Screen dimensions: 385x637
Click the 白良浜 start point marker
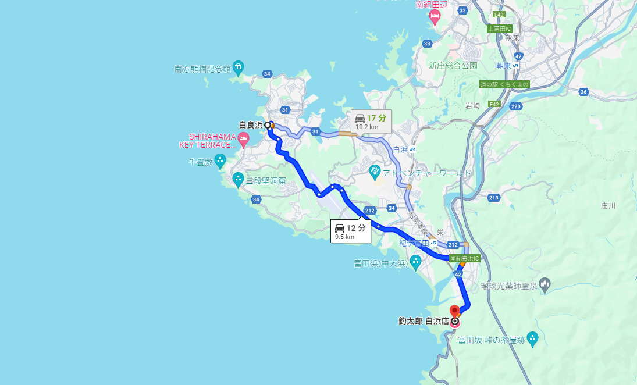click(268, 124)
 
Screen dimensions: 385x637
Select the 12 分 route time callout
click(351, 231)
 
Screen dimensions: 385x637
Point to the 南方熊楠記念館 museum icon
click(239, 68)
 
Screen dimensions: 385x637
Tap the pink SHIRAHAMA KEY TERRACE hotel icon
click(243, 138)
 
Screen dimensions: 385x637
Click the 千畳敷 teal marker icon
click(220, 159)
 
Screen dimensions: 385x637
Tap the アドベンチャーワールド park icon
click(375, 171)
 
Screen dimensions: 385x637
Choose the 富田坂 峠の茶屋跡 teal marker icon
click(532, 338)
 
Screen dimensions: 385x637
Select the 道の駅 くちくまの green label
click(504, 84)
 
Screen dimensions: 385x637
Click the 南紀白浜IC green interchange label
click(464, 258)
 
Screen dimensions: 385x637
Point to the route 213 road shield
click(494, 198)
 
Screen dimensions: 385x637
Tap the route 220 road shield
click(515, 106)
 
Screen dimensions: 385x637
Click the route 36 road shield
click(584, 92)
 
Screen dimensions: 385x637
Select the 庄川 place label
click(608, 205)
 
